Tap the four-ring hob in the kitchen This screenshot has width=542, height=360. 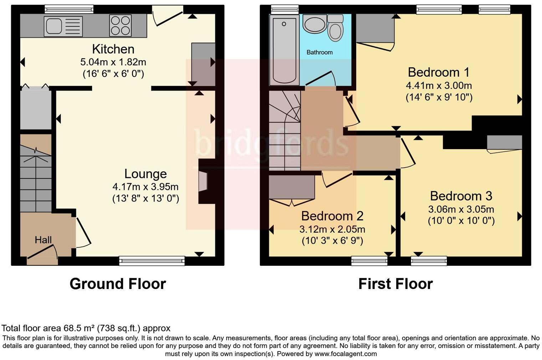[120, 25]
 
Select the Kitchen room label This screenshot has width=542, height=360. [113, 49]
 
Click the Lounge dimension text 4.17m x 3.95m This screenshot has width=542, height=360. [145, 187]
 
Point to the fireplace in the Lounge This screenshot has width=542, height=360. [203, 181]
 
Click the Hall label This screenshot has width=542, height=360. [43, 240]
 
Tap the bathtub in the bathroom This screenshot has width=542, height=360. [284, 50]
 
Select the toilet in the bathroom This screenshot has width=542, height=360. [335, 29]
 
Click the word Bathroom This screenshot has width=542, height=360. [319, 52]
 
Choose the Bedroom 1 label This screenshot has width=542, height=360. [439, 72]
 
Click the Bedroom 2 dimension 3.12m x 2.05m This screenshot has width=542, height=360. [332, 229]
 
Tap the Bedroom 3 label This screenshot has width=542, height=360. [461, 196]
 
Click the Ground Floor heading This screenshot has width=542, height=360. [118, 284]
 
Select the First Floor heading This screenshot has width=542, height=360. [395, 284]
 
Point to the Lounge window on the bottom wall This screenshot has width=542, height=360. [152, 261]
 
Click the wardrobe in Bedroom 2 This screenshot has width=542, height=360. [292, 187]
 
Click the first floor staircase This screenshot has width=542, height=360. [285, 130]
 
